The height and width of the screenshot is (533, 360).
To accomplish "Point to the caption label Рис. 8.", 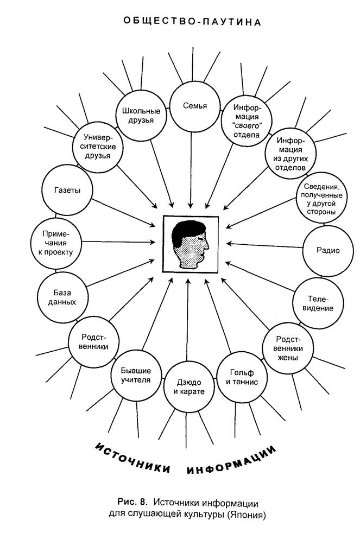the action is tap(132, 502).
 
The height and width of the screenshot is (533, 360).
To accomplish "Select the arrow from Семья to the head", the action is tap(191, 170).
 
